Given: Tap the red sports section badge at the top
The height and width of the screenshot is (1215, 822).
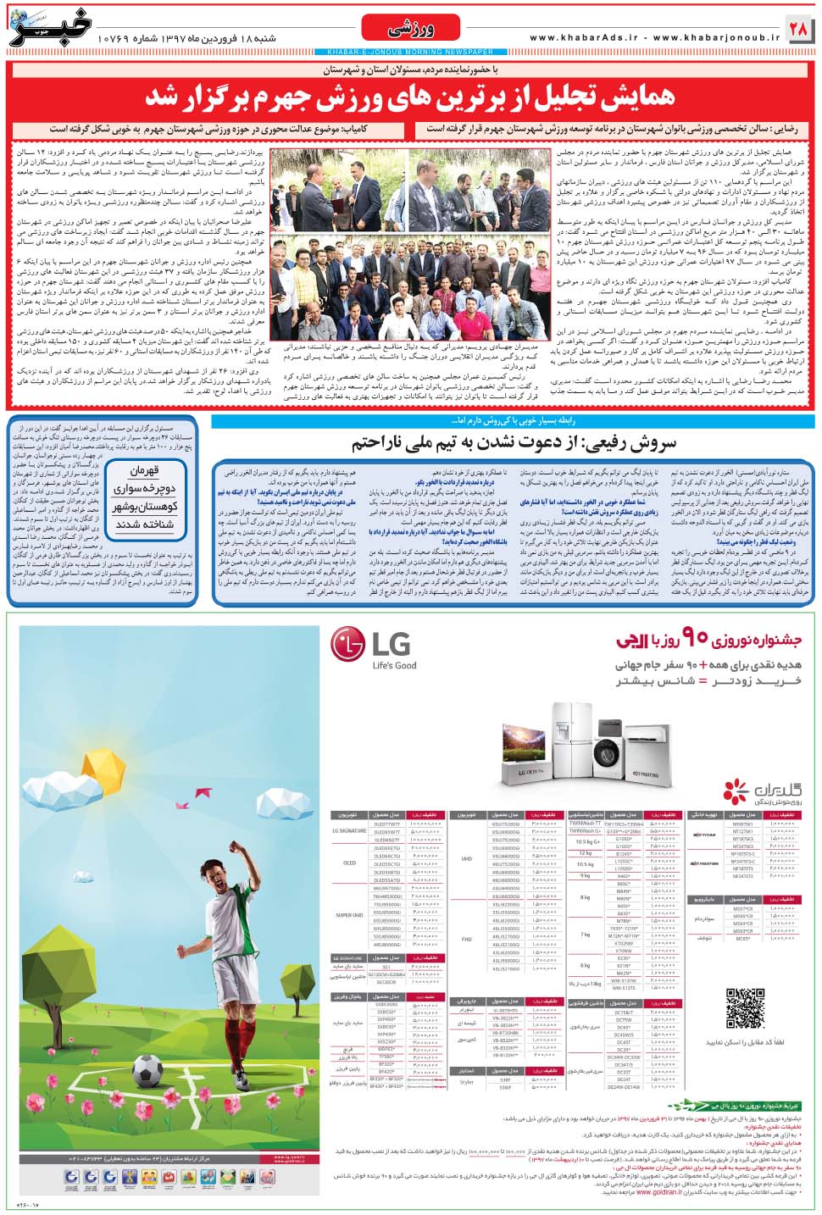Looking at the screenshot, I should point(410,30).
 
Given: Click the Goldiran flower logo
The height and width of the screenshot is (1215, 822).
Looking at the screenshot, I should point(736,790).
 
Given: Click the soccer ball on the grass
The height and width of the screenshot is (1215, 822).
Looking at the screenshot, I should point(147,1071).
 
